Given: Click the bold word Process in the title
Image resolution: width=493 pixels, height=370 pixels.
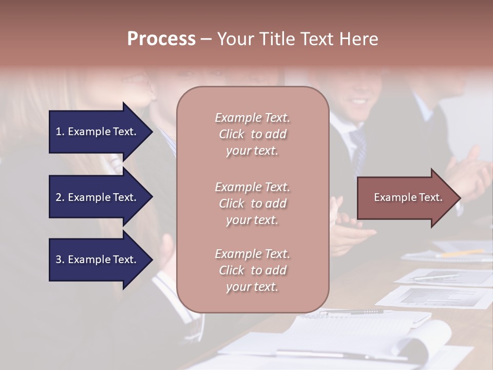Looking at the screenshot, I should (161, 39).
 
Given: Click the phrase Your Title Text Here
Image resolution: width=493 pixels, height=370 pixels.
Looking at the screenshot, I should (297, 39).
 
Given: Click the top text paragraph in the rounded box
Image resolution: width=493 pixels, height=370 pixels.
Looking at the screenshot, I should (252, 134).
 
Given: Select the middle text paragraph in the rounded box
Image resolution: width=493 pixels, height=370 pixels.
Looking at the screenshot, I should (252, 203).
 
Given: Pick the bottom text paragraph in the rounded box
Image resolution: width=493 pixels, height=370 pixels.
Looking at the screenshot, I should (252, 270).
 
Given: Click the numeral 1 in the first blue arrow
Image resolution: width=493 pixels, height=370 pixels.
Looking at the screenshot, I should (59, 132).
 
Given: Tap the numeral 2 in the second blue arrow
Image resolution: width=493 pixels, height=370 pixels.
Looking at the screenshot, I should (59, 197).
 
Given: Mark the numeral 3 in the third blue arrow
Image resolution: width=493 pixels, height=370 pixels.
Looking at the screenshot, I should (59, 260).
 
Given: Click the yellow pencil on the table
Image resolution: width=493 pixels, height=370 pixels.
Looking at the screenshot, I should (462, 253).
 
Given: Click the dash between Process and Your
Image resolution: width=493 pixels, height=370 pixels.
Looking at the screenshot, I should (206, 40).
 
